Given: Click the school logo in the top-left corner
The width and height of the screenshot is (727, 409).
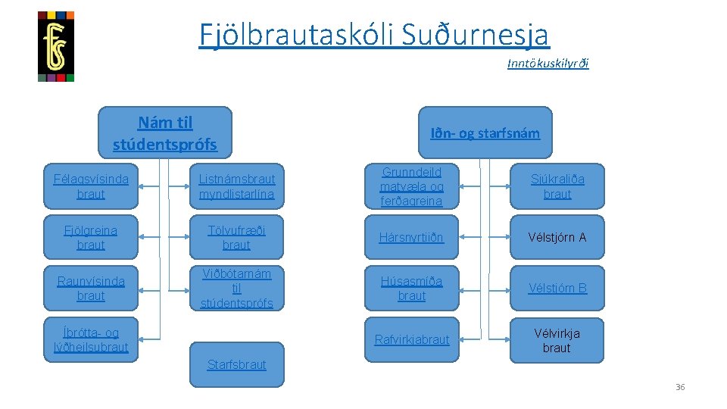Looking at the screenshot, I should point(56,46).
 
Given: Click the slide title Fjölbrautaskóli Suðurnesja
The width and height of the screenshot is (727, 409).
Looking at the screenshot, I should point(374,34).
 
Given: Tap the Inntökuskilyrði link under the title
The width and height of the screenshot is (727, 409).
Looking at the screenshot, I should point(548,64).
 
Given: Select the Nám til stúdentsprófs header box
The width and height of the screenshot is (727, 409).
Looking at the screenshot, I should point(165,133).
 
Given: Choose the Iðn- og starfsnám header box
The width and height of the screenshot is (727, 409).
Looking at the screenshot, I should point(485,133).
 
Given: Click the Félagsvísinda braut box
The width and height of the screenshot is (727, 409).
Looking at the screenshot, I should point(91,186).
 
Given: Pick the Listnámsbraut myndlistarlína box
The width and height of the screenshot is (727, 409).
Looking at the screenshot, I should point(236,186).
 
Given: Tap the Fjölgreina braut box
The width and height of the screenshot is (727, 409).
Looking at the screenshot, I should point(91,237).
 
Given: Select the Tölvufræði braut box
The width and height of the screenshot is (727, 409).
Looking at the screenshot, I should point(236,237).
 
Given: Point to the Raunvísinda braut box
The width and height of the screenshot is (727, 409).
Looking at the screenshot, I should point(91,288).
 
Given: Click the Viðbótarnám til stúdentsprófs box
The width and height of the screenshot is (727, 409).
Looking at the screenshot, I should point(236,288).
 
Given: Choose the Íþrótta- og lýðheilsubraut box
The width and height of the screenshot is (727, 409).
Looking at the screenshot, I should point(91,339).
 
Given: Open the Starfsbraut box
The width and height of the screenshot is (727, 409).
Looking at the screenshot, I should point(236,364).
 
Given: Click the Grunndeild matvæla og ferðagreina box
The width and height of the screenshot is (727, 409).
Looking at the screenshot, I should point(411,186).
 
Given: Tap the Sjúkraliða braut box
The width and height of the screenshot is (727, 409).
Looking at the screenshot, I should point(557,186).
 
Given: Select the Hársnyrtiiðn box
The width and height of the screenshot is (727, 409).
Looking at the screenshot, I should point(411,237).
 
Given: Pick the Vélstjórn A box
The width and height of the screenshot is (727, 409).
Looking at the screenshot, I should point(557,237).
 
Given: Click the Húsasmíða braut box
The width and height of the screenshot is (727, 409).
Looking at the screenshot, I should point(411,288).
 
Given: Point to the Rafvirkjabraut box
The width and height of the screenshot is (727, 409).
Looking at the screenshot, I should point(411,339).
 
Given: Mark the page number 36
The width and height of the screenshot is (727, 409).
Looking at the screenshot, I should point(679,387).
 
